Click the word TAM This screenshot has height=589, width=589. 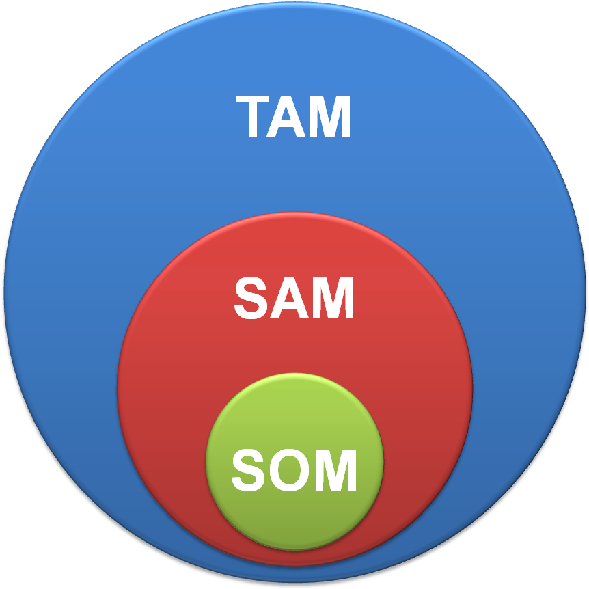(294, 117)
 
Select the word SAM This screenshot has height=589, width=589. (294, 299)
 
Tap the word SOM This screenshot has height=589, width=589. (294, 470)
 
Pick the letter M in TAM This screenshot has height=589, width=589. (330, 118)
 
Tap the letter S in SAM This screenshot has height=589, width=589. (251, 299)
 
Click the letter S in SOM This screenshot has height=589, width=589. (247, 470)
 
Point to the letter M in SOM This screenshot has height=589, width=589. (334, 470)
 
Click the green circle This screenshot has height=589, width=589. (294, 410)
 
